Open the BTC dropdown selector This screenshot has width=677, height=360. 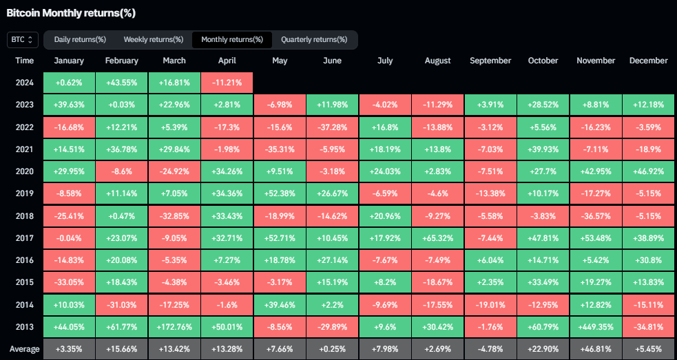(x=21, y=40)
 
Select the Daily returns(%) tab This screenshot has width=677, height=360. (x=80, y=40)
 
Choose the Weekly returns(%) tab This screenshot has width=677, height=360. (x=153, y=40)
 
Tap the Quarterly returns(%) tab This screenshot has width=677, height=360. (x=314, y=40)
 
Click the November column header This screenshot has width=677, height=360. (x=595, y=61)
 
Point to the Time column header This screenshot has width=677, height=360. (x=24, y=61)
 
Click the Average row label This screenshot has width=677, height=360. (x=24, y=349)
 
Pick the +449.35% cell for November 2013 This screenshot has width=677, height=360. (x=595, y=328)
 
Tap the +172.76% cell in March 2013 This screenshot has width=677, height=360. (x=174, y=328)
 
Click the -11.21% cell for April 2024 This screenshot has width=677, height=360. (x=227, y=83)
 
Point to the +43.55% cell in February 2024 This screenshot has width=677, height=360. (x=122, y=83)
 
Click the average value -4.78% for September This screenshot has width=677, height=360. (x=490, y=349)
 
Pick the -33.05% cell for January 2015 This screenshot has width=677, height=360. (x=69, y=282)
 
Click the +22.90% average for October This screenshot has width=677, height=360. (x=543, y=349)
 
